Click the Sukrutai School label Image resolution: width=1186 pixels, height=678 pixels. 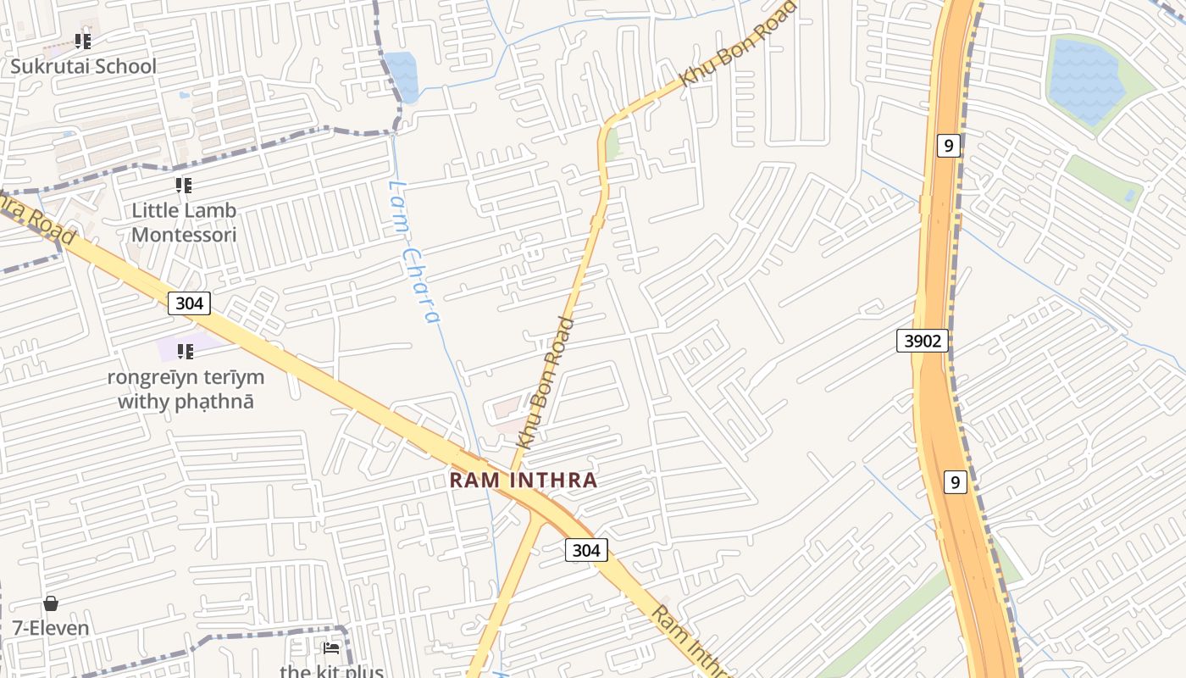pos(83,66)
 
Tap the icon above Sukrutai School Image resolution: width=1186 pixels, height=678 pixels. pos(83,40)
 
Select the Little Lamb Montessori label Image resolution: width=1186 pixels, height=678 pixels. pos(184,222)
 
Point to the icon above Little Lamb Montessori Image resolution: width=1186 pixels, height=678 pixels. pos(184,185)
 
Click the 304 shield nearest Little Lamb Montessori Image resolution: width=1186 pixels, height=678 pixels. pos(188,303)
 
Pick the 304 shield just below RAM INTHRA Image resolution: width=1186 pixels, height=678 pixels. pos(586,550)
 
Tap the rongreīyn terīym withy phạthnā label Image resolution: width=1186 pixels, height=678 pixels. pos(186,389)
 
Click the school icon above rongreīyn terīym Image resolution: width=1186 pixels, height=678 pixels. pos(185,351)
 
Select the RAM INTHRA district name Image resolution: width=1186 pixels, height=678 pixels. pos(523,480)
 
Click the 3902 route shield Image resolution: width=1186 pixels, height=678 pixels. pos(923,341)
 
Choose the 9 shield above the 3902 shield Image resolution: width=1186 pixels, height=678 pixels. pos(948,146)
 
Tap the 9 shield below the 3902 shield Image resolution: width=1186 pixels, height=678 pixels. pos(955,482)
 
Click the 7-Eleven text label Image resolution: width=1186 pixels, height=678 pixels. pos(50,628)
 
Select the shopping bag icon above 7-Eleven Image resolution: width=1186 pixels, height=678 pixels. pos(51,603)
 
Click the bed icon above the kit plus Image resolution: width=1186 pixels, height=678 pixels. pos(331,648)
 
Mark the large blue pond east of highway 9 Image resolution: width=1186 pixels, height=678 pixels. pos(1086,81)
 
